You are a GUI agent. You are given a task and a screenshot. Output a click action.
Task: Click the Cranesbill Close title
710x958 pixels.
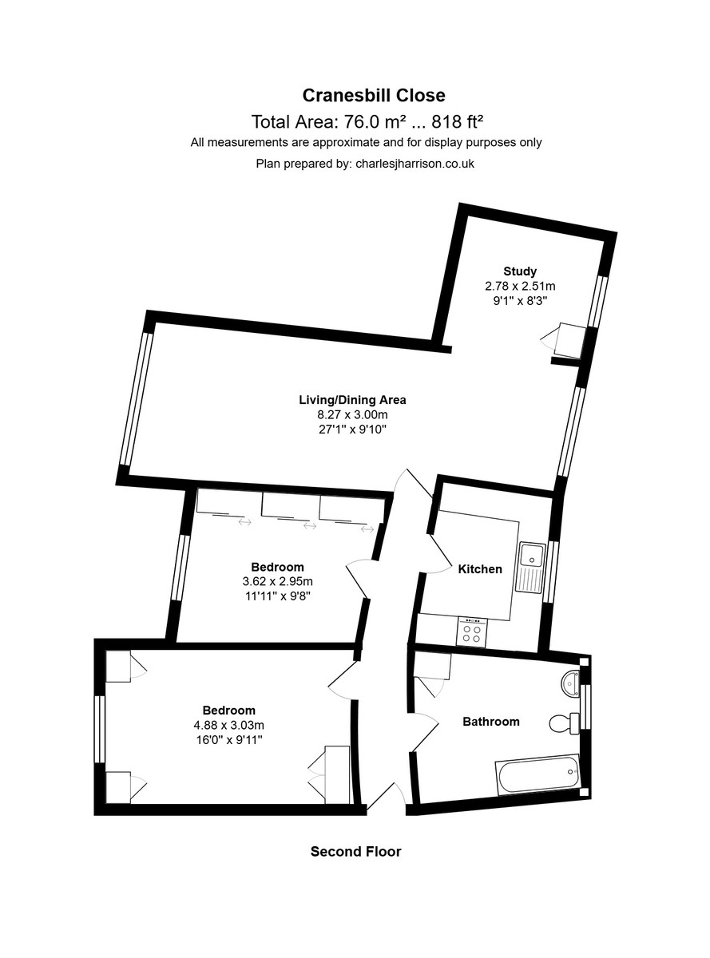373,96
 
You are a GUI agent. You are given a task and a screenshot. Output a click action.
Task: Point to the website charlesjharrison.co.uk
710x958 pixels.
414,164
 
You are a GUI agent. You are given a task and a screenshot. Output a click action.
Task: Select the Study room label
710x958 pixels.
520,271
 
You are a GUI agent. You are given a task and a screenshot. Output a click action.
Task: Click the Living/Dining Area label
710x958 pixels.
352,399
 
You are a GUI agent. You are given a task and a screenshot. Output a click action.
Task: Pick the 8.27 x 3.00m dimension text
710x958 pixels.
352,414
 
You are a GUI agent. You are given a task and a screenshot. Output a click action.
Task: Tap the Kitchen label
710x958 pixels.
480,569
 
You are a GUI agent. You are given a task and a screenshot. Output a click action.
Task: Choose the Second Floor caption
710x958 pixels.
355,851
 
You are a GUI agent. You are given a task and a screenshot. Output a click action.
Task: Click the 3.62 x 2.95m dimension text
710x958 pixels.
277,581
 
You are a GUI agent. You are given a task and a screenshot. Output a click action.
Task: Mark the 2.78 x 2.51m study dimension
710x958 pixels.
520,286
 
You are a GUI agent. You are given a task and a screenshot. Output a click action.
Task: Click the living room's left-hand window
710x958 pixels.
137,398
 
